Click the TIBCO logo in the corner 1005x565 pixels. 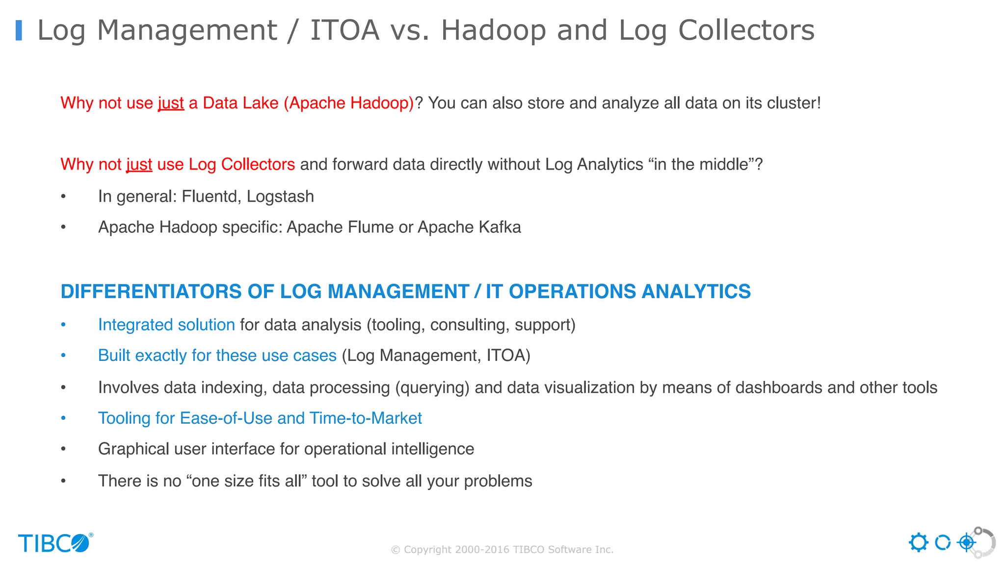pos(55,543)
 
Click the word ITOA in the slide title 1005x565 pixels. pos(345,30)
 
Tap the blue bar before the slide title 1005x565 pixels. pos(19,30)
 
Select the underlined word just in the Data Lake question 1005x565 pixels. pos(171,103)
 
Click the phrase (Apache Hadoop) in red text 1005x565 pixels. pos(349,103)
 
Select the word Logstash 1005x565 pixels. pos(280,197)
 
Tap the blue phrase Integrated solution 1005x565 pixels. pos(166,325)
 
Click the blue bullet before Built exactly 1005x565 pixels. pos(63,356)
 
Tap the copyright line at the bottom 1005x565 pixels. pos(502,550)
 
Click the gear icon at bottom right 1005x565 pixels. pos(918,543)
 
